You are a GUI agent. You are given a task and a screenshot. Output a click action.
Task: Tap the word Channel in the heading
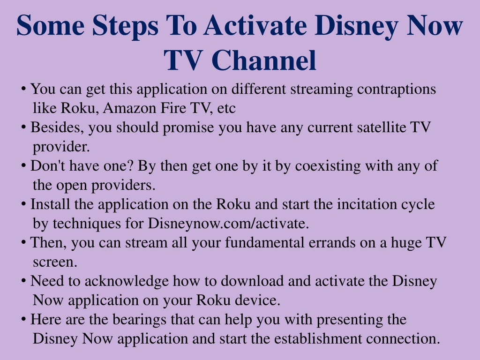tap(263, 60)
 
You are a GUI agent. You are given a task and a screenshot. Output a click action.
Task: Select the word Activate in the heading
tap(255, 25)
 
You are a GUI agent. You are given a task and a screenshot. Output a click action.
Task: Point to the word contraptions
tap(397, 90)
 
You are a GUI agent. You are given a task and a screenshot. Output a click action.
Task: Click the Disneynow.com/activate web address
tap(228, 224)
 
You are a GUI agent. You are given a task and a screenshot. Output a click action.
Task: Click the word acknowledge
tap(127, 281)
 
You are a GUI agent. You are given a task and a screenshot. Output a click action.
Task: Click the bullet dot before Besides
tap(23, 127)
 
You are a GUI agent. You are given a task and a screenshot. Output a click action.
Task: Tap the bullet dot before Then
tap(23, 242)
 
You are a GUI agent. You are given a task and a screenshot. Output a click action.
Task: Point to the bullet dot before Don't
tap(23, 165)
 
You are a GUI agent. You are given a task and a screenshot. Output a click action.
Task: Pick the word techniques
tap(87, 224)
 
